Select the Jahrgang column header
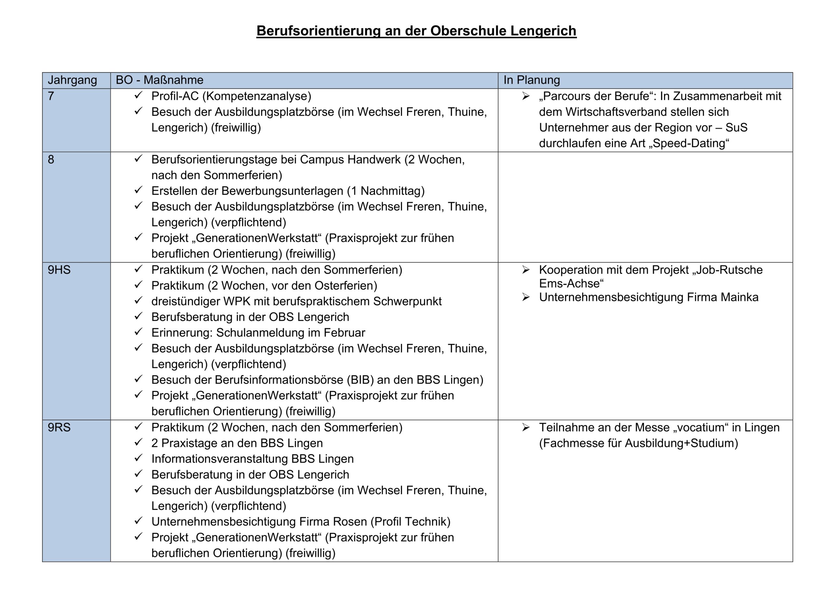72,80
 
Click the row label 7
51,96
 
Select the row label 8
51,160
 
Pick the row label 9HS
59,270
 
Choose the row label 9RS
59,428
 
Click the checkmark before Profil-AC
138,95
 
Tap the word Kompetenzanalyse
256,96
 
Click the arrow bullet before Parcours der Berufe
526,96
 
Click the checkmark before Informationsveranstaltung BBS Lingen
138,459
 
